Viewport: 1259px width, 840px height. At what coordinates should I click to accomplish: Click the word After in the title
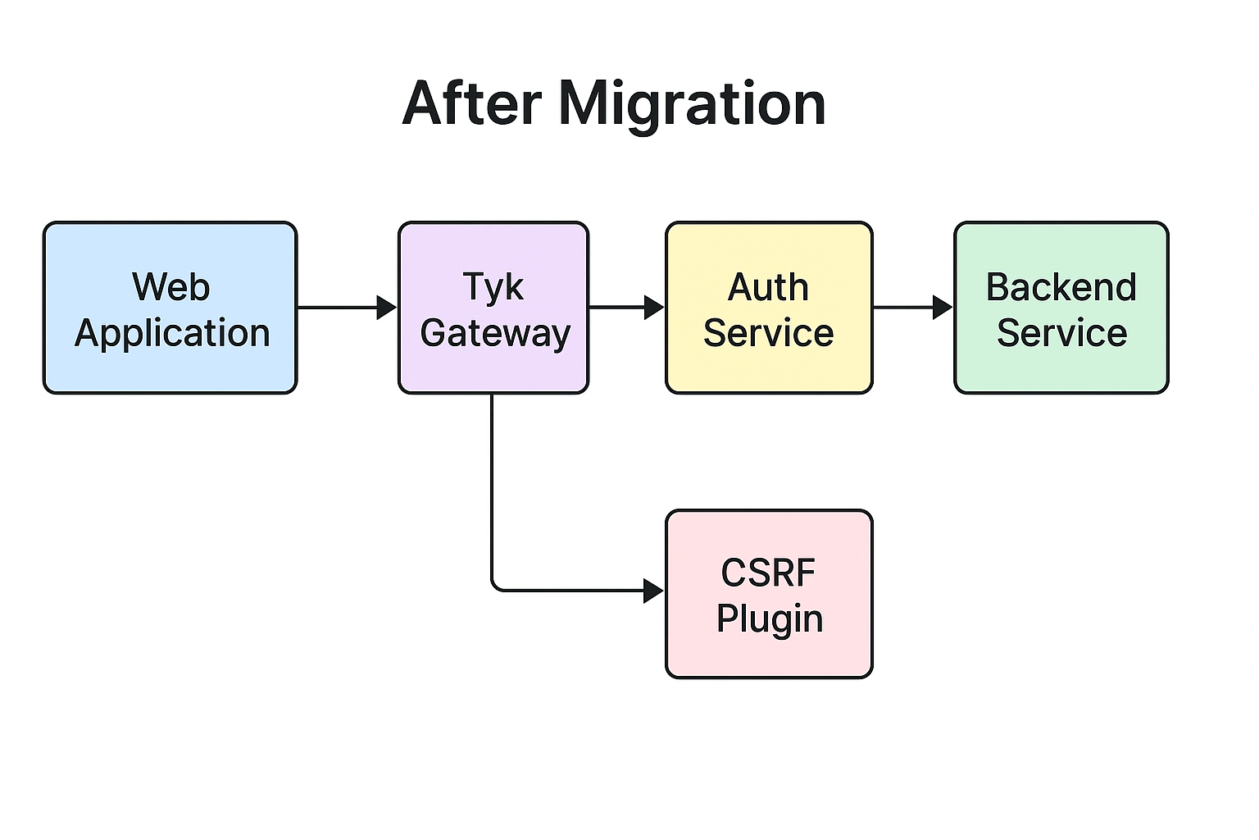pyautogui.click(x=471, y=103)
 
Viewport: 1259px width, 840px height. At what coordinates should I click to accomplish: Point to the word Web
pyautogui.click(x=171, y=287)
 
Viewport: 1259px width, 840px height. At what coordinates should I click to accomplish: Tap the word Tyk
pyautogui.click(x=493, y=287)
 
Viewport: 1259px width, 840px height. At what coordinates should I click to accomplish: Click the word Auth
pyautogui.click(x=769, y=287)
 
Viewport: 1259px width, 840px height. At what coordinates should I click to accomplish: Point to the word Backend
pyautogui.click(x=1061, y=287)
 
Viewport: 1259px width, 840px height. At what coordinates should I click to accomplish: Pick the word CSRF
pyautogui.click(x=769, y=573)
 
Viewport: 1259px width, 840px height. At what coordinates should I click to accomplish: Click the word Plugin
pyautogui.click(x=770, y=619)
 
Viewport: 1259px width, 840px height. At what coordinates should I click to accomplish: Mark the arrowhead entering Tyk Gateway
pyautogui.click(x=386, y=308)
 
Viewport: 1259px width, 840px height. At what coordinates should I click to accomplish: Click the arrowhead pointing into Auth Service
pyautogui.click(x=653, y=308)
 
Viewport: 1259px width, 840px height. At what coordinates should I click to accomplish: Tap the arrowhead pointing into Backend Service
pyautogui.click(x=942, y=308)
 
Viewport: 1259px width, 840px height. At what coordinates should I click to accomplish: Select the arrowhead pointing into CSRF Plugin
pyautogui.click(x=653, y=591)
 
